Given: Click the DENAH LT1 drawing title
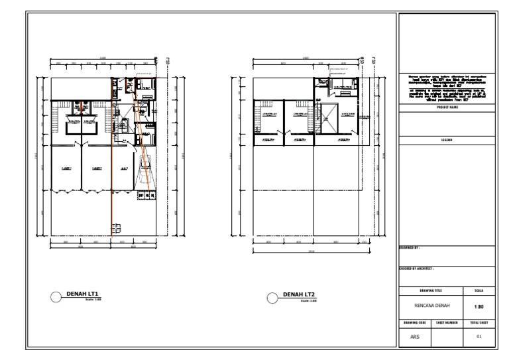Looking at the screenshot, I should pos(82,294).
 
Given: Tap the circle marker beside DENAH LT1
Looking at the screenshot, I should pos(57,297).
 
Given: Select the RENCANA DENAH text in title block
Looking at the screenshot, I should pos(431,307).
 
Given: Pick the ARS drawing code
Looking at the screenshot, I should pos(414,336).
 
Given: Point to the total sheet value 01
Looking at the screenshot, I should pos(479,336).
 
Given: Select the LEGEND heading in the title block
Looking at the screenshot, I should pos(447,141).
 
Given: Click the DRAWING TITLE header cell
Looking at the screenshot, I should pos(431,290).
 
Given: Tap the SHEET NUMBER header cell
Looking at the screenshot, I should pos(447,322).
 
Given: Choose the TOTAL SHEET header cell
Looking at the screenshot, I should pos(479,322).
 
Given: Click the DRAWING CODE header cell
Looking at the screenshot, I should pos(414,322).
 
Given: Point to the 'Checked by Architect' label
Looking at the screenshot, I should pos(416,269).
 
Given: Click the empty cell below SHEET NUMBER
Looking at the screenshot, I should pos(447,337).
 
